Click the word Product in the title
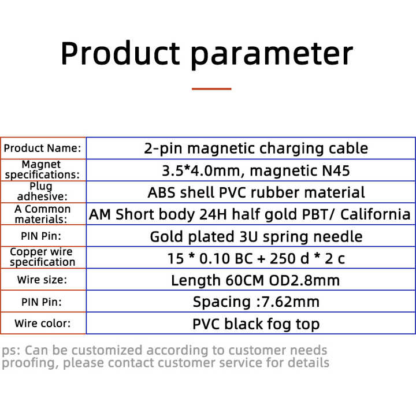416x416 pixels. (120, 53)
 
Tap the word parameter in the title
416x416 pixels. (272, 55)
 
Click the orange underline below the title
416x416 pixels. (211, 89)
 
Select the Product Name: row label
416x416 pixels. (42, 148)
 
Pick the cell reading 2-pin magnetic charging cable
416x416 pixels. (256, 148)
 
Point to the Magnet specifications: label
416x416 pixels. (42, 169)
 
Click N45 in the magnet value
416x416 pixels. (336, 170)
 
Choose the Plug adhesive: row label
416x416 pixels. (42, 191)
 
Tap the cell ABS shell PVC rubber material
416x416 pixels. (256, 192)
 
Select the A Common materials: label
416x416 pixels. (42, 214)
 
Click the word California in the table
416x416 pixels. (376, 214)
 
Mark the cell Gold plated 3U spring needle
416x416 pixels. (256, 237)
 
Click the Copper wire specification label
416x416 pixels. (42, 257)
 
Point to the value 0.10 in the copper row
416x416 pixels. (214, 258)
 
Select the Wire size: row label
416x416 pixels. (42, 280)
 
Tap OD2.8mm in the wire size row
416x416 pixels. (304, 280)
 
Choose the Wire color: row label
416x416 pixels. (42, 324)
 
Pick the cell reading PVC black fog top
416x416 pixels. (256, 324)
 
